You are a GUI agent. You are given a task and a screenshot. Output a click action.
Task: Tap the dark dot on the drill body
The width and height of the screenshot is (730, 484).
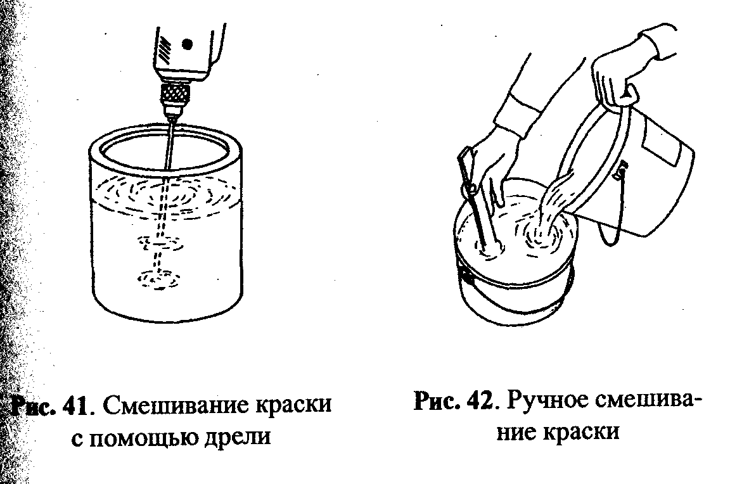click(187, 44)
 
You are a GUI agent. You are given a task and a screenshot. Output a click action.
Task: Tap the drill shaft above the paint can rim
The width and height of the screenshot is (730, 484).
click(169, 143)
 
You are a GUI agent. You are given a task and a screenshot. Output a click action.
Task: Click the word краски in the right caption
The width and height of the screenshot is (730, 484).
click(577, 432)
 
